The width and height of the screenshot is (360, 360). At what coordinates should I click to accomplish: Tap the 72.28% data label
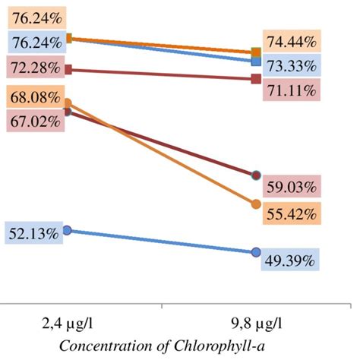[x=33, y=68]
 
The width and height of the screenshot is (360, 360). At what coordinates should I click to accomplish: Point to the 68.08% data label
[x=33, y=98]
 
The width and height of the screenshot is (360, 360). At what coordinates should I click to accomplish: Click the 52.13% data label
[x=33, y=234]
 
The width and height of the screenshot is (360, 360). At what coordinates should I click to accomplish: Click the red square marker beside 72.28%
[x=68, y=69]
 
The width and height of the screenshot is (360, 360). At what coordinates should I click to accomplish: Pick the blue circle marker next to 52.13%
[x=68, y=229]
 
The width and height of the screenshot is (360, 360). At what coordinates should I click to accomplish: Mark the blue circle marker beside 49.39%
[x=256, y=251]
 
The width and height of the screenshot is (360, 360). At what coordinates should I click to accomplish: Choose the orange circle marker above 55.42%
[x=256, y=204]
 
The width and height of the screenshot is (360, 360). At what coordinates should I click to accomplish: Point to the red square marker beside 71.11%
[x=256, y=78]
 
